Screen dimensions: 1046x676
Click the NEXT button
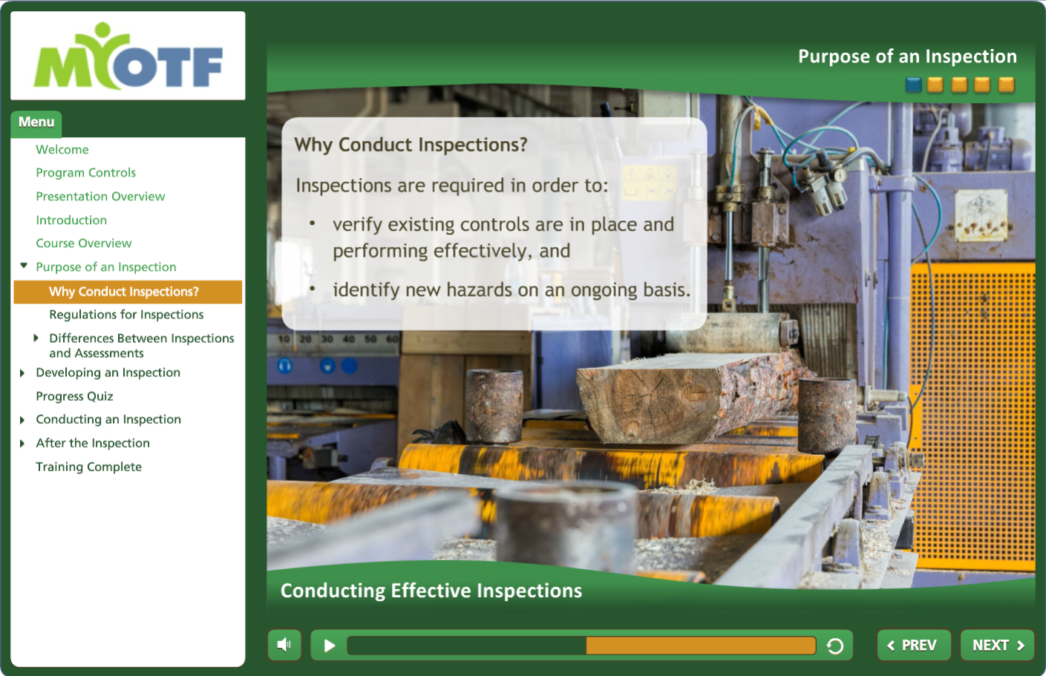click(x=997, y=645)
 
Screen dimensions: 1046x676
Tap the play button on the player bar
click(x=330, y=646)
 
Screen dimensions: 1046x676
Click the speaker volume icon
click(x=284, y=645)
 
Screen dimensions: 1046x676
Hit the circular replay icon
click(x=835, y=646)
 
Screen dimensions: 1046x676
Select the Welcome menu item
click(x=62, y=149)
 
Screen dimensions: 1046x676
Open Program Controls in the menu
click(x=86, y=173)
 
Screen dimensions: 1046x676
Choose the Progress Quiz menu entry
click(x=75, y=396)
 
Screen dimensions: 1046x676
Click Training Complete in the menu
click(x=89, y=467)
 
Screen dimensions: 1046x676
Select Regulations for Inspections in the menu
click(x=126, y=315)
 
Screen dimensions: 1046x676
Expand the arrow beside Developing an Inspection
click(x=22, y=373)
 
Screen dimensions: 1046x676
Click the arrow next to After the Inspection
click(x=22, y=444)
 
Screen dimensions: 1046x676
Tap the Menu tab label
click(x=36, y=122)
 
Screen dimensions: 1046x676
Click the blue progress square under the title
click(x=913, y=85)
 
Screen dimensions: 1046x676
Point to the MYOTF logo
click(x=128, y=56)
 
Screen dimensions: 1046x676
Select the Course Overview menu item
click(x=84, y=243)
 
